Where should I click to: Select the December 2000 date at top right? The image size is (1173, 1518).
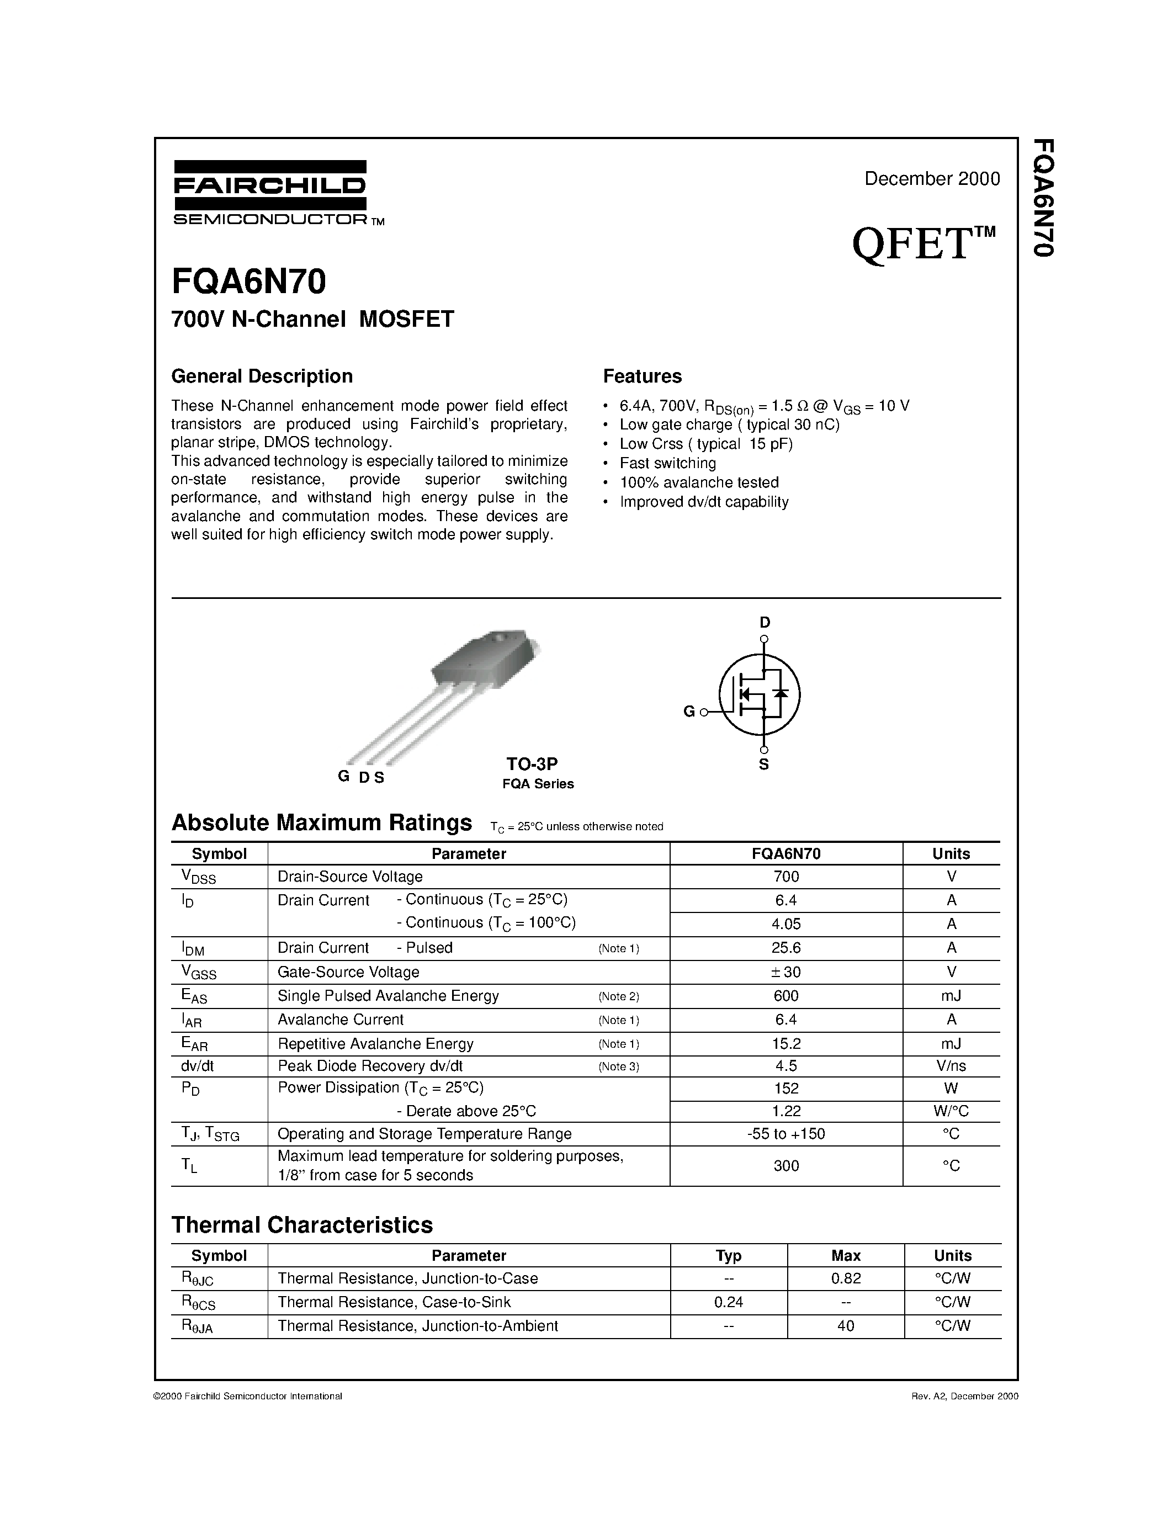(x=931, y=179)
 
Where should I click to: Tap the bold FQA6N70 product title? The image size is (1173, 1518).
(x=249, y=282)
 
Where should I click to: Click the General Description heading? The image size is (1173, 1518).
(x=262, y=376)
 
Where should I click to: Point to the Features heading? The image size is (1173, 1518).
(x=642, y=376)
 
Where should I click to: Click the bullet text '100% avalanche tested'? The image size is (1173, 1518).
(x=699, y=482)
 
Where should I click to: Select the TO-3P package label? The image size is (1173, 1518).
(x=532, y=764)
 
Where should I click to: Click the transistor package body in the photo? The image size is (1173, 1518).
(x=480, y=657)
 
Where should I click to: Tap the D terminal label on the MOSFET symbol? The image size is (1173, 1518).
(x=765, y=622)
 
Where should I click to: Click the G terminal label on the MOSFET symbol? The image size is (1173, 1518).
(x=689, y=711)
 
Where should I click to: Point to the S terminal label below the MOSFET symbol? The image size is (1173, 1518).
(x=764, y=765)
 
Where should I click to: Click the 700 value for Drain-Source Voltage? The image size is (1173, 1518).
(x=786, y=877)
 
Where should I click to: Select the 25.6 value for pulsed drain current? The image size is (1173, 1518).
(x=786, y=948)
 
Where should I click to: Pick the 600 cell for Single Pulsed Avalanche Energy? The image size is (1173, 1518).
(x=786, y=996)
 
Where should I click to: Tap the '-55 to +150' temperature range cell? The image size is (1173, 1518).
(x=786, y=1134)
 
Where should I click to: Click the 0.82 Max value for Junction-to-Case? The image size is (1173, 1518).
(x=846, y=1278)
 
